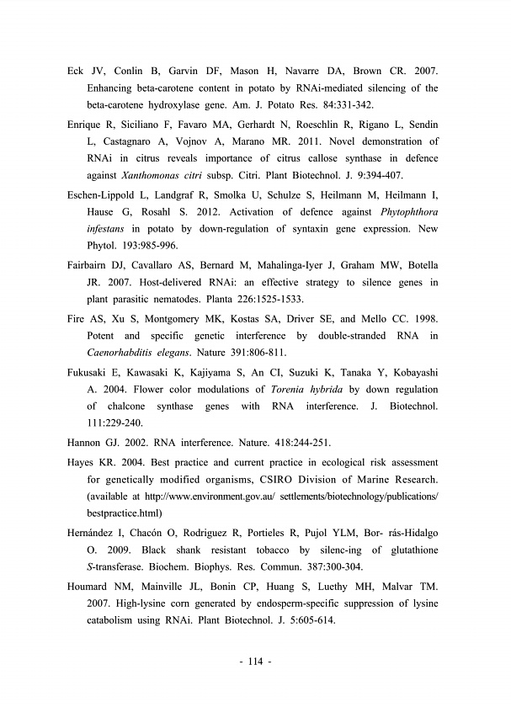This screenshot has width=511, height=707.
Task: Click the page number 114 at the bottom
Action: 255,661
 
